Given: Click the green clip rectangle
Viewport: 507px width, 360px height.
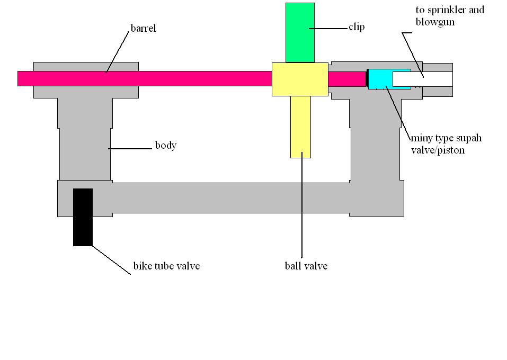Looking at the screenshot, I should pos(300,32).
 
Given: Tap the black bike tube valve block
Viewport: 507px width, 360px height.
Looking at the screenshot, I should pos(83,217).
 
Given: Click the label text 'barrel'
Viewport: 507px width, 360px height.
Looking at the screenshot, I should pos(143,29).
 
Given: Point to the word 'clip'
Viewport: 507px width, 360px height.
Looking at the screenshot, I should pos(357,27).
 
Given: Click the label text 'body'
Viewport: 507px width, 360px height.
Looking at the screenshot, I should pos(165,146).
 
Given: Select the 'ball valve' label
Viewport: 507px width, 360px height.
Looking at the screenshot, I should pos(306,266).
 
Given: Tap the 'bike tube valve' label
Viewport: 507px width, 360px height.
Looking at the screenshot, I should pos(166,266).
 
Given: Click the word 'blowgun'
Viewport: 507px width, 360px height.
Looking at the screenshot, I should pos(435,22).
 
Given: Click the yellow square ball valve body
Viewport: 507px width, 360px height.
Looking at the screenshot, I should pos(300,79).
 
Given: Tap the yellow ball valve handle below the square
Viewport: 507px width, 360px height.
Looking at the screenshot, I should pos(300,127).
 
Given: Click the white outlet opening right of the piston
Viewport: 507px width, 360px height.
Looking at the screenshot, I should pos(422,79).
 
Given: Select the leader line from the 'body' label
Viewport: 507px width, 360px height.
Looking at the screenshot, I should pos(130,149).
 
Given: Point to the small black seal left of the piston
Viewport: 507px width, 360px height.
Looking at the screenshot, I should pos(366,79).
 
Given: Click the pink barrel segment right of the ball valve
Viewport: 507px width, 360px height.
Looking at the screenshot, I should pos(346,79).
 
